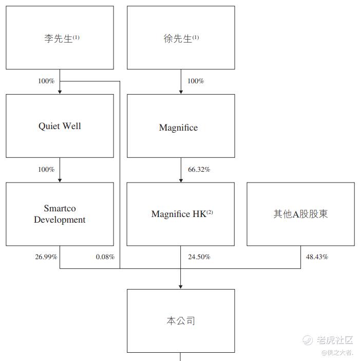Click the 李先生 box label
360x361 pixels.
click(62, 38)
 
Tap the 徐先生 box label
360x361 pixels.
click(181, 38)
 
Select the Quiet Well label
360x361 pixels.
click(60, 126)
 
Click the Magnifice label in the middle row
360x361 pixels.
click(178, 128)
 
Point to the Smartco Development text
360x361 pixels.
click(60, 214)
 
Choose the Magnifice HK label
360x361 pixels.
click(182, 214)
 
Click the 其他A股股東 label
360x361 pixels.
click(300, 214)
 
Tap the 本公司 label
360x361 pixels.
click(181, 321)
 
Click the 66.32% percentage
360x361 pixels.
click(199, 170)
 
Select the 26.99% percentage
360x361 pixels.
click(46, 257)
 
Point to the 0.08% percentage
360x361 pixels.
click(105, 257)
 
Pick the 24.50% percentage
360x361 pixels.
click(199, 257)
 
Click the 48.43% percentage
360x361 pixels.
click(317, 257)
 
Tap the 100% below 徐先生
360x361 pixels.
click(196, 81)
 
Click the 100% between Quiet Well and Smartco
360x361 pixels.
click(46, 170)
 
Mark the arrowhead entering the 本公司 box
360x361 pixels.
click(181, 287)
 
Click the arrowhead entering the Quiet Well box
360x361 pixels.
click(60, 92)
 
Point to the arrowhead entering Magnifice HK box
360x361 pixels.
click(181, 180)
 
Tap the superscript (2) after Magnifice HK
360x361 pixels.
click(210, 212)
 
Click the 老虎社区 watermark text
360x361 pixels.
click(335, 340)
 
